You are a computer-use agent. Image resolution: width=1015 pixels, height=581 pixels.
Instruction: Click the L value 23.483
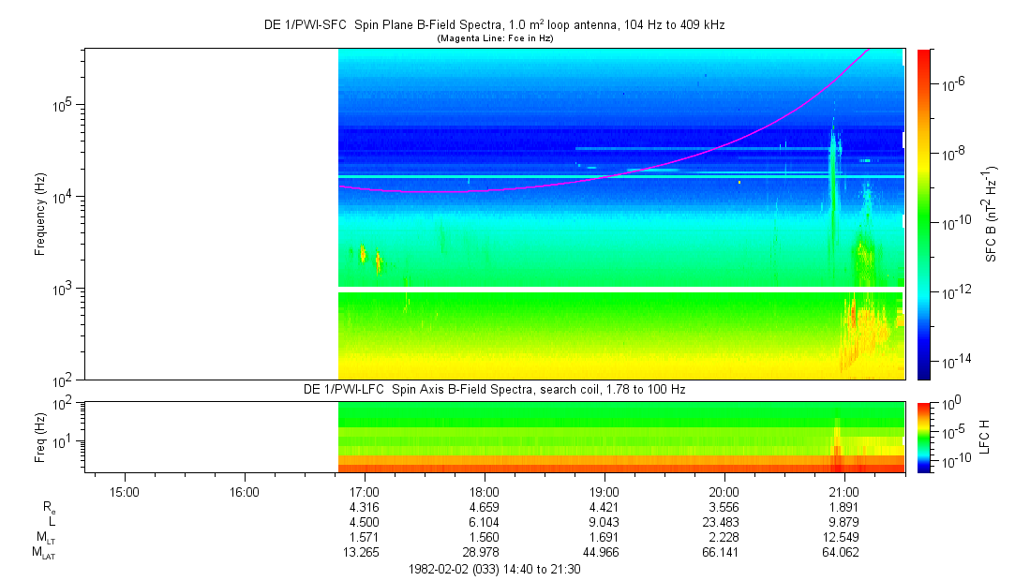pyautogui.click(x=724, y=522)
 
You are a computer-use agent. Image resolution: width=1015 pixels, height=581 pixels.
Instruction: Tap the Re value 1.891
pyautogui.click(x=844, y=507)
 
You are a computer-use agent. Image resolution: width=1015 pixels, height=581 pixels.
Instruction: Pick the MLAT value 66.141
pyautogui.click(x=724, y=553)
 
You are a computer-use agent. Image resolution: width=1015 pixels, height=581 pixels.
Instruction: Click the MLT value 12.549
pyautogui.click(x=844, y=537)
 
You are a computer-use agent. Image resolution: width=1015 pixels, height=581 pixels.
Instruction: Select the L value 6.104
pyautogui.click(x=485, y=522)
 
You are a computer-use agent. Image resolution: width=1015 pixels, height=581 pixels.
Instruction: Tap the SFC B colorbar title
pyautogui.click(x=991, y=214)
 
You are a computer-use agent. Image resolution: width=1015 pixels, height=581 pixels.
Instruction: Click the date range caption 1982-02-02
pyautogui.click(x=495, y=569)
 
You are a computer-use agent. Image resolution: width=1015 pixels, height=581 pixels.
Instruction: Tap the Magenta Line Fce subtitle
pyautogui.click(x=495, y=37)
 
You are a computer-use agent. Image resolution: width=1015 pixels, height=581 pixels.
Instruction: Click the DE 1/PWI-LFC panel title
pyautogui.click(x=495, y=389)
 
